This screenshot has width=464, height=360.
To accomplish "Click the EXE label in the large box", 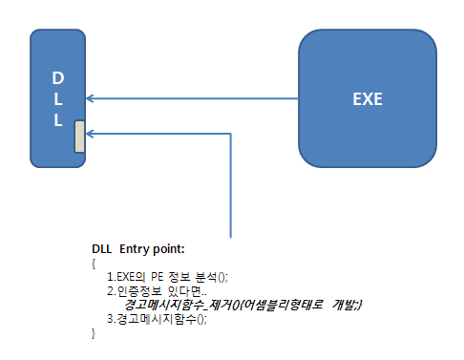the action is tap(368, 99).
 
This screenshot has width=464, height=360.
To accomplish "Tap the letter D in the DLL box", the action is tap(58, 78).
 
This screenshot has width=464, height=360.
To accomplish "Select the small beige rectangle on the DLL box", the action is tap(79, 137).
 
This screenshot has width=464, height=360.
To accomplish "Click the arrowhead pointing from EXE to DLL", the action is tap(90, 98).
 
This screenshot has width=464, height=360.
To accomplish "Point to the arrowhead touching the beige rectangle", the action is tap(90, 134).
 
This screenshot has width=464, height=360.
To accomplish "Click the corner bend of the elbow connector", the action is tap(231, 134).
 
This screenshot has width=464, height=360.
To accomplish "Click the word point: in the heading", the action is tap(169, 249).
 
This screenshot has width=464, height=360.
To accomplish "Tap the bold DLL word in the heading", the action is tap(102, 249).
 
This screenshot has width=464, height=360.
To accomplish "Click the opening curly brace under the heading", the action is tap(94, 264).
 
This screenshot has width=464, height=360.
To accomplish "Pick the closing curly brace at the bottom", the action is tap(94, 333).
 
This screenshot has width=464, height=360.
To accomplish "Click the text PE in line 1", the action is tap(157, 277).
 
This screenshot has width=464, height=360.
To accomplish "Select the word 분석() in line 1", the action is tap(212, 277).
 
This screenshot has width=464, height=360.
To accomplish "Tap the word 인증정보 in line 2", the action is tap(139, 291).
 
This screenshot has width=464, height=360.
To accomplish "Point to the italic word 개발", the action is tap(345, 305).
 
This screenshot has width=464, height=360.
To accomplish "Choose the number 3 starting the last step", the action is tap(110, 319).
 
